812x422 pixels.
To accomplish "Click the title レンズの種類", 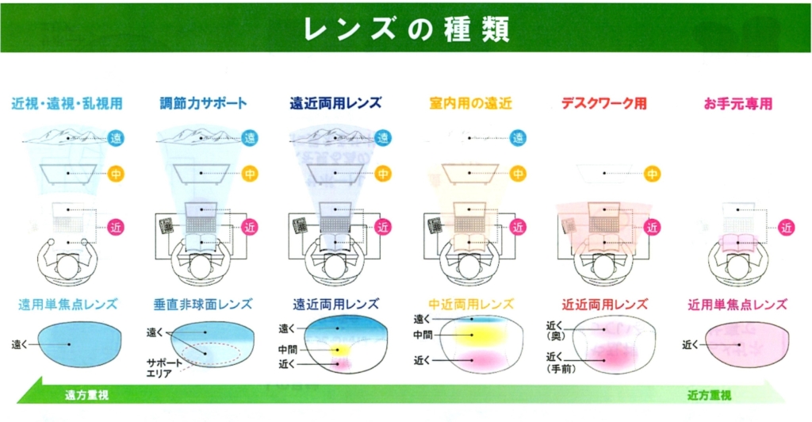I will [406, 27].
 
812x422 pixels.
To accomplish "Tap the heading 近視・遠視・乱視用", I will [67, 103].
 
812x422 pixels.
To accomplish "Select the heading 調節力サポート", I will [203, 103].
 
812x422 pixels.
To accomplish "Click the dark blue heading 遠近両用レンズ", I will [335, 103].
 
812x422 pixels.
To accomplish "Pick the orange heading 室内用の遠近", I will [470, 103].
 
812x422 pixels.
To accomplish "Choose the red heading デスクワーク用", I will [604, 103].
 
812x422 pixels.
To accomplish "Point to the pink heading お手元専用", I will [737, 103].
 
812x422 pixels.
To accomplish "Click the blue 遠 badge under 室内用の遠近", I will [518, 138].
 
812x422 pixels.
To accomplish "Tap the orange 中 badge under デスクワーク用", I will [652, 172].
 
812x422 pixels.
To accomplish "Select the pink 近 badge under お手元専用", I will [786, 228].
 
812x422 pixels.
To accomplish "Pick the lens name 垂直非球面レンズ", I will [203, 304].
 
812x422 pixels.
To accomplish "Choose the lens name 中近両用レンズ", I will [470, 304].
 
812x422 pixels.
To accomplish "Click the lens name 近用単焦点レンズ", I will [737, 304].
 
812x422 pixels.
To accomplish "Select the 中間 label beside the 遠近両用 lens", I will [287, 349].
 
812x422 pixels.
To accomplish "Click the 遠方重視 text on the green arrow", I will [88, 394].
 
